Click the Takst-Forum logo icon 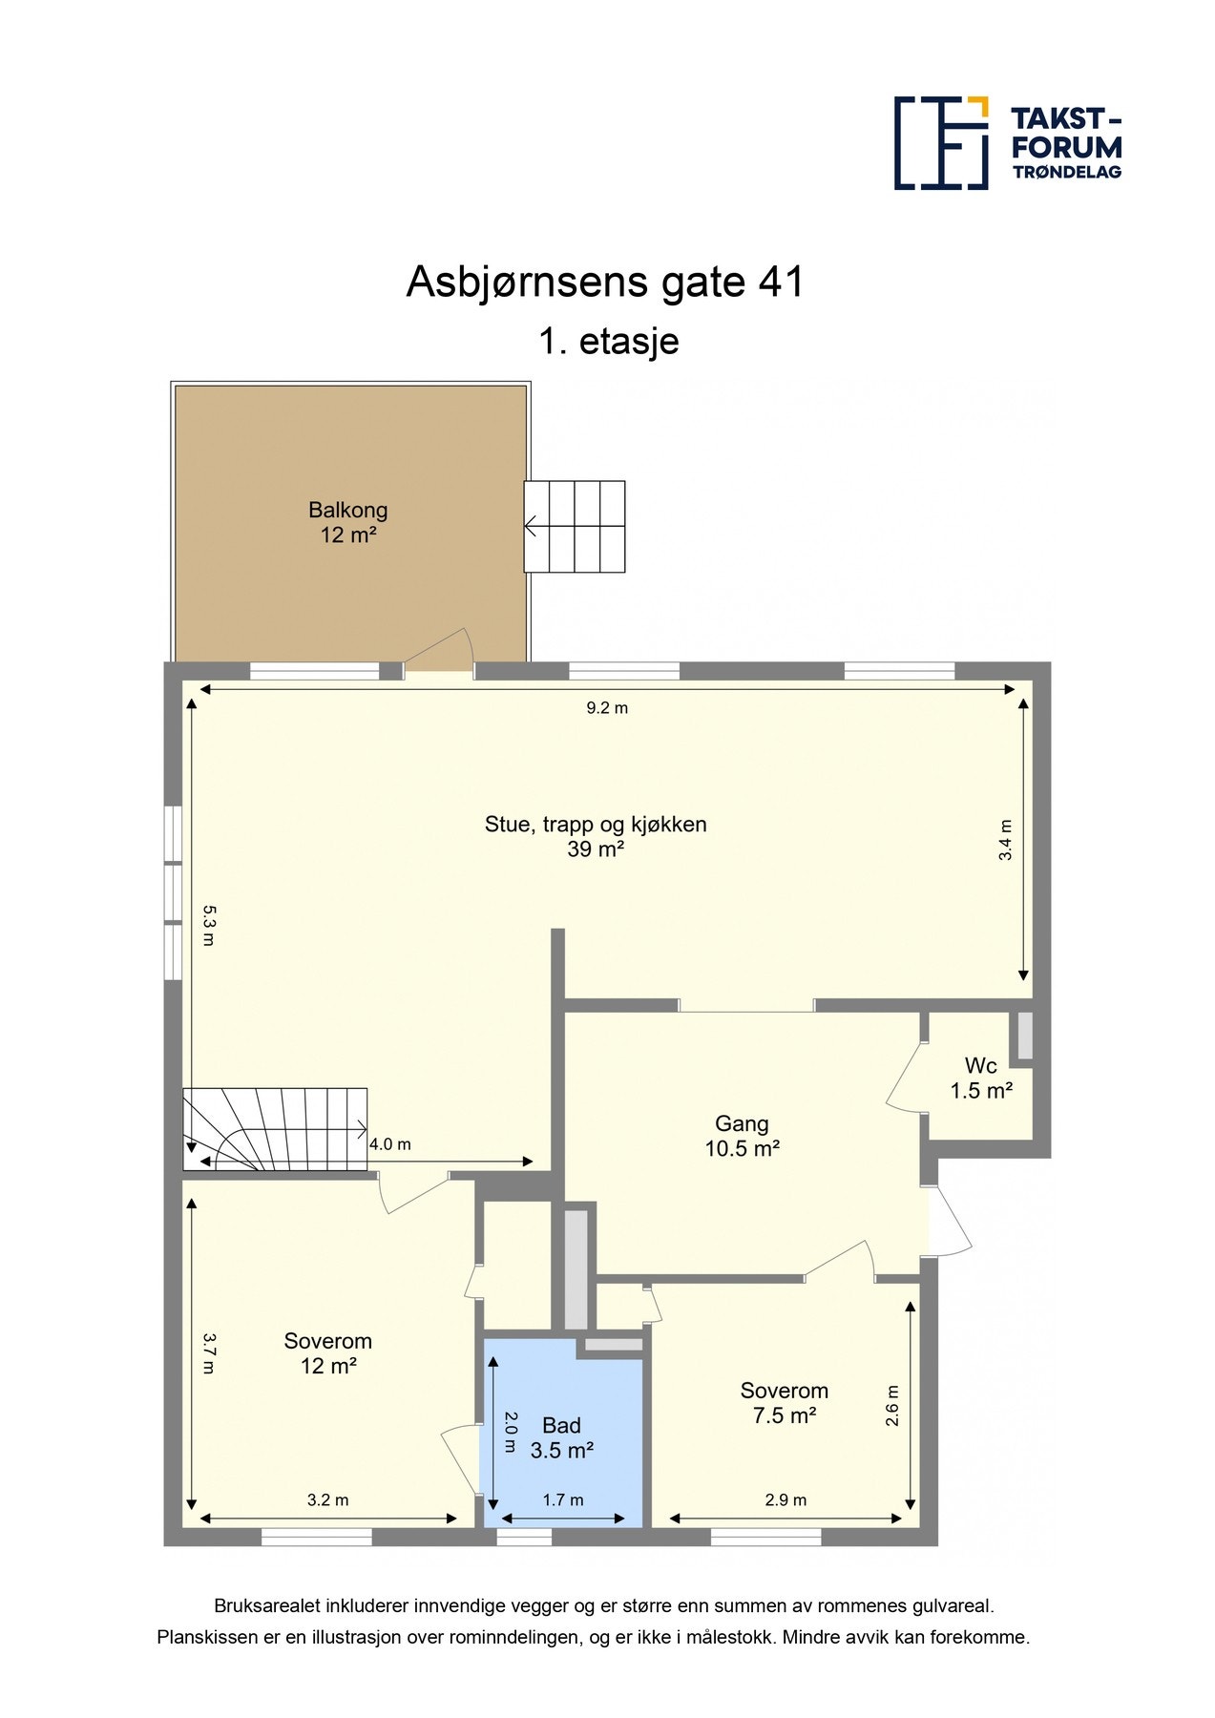[x=940, y=142]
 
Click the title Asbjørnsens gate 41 [x=605, y=282]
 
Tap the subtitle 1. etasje [x=608, y=341]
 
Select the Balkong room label [x=347, y=522]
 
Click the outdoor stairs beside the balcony [x=575, y=526]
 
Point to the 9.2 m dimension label [x=607, y=708]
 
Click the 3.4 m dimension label [x=1005, y=840]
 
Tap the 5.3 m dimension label [x=209, y=925]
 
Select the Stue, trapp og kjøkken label [x=596, y=836]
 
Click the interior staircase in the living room [x=275, y=1128]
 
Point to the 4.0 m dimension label [x=390, y=1144]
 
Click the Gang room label [x=742, y=1136]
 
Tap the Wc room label [x=980, y=1078]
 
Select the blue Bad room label [x=561, y=1437]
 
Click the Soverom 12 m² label [x=327, y=1353]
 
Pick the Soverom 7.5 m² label [x=784, y=1402]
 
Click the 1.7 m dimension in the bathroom [x=563, y=1500]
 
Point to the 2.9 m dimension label [x=786, y=1500]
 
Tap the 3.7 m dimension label [x=209, y=1352]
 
